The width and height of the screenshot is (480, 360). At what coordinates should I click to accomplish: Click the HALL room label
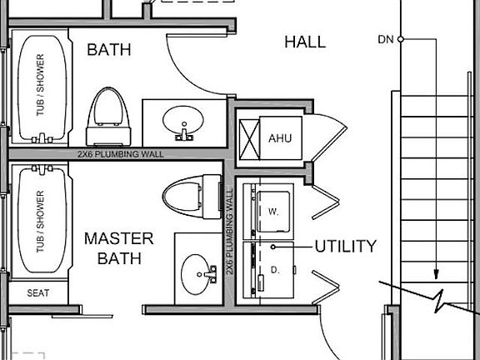pyautogui.click(x=305, y=42)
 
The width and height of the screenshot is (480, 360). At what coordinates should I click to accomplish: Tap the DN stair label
pyautogui.click(x=386, y=39)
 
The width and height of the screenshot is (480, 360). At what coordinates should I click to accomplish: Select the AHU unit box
pyautogui.click(x=281, y=137)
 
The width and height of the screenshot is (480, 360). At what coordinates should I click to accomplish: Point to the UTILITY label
pyautogui.click(x=345, y=246)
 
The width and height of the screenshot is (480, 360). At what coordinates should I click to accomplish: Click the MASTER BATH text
pyautogui.click(x=119, y=248)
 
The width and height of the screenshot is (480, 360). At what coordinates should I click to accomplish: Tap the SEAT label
pyautogui.click(x=38, y=293)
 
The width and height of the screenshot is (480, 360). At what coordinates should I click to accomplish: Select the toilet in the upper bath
pyautogui.click(x=108, y=117)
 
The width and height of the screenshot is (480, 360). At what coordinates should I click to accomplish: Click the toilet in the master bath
pyautogui.click(x=192, y=197)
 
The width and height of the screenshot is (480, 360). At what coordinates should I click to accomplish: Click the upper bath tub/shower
pyautogui.click(x=42, y=87)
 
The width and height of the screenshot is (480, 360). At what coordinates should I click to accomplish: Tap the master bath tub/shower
pyautogui.click(x=42, y=219)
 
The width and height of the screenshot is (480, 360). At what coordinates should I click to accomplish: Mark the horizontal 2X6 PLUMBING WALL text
pyautogui.click(x=120, y=154)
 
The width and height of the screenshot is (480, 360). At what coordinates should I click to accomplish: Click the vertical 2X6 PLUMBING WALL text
pyautogui.click(x=230, y=232)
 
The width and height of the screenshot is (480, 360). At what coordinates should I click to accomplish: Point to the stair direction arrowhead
pyautogui.click(x=436, y=274)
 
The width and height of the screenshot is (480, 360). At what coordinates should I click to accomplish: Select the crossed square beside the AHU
pyautogui.click(x=249, y=140)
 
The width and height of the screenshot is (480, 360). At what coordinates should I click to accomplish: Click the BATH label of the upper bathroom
pyautogui.click(x=109, y=50)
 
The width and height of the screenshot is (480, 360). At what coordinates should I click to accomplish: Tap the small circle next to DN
pyautogui.click(x=400, y=39)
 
